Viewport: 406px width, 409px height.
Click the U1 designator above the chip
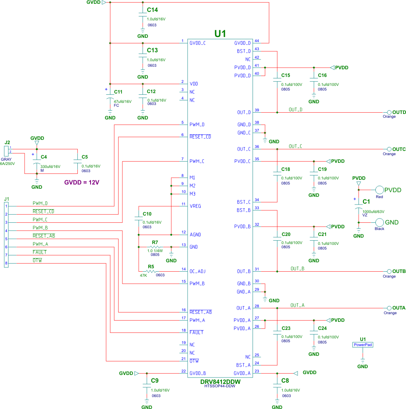(x=220, y=34)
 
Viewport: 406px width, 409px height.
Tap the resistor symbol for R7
(x=155, y=247)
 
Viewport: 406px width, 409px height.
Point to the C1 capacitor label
(x=366, y=201)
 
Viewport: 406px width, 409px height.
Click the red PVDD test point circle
(x=378, y=190)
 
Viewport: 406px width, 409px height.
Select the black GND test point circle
(x=379, y=222)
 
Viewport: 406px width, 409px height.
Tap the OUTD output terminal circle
(x=389, y=112)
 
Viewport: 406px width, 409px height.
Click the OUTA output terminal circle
(x=389, y=308)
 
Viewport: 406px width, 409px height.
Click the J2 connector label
(x=7, y=142)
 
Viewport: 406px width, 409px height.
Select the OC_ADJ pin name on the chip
(x=198, y=271)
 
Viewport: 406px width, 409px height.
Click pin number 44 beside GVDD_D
(x=256, y=41)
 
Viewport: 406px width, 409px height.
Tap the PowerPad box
(x=363, y=345)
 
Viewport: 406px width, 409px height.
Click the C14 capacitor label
(x=152, y=9)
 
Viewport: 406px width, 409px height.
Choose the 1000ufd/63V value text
(x=373, y=211)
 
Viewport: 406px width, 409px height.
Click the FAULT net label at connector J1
(x=40, y=252)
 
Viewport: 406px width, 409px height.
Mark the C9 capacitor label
(x=155, y=380)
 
